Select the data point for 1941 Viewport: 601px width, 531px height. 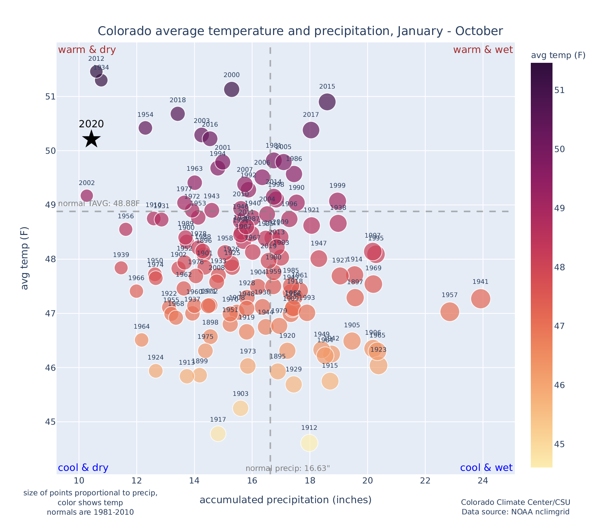click(480, 299)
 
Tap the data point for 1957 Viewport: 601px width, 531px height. click(450, 312)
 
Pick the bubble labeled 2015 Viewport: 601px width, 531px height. click(327, 102)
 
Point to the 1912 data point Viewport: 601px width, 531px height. click(309, 443)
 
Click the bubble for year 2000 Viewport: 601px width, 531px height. click(232, 89)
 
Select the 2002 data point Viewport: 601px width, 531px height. click(87, 196)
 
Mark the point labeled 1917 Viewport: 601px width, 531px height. click(218, 434)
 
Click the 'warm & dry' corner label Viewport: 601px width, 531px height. click(87, 50)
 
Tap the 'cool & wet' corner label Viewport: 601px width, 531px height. click(486, 468)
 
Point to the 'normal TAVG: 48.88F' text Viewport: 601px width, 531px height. click(99, 204)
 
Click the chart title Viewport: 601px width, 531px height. click(300, 31)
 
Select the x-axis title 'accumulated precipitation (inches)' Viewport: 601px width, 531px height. click(286, 500)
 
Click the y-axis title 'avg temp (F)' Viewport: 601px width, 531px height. click(25, 258)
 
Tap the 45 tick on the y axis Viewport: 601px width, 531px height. click(50, 422)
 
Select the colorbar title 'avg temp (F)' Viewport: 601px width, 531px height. click(558, 55)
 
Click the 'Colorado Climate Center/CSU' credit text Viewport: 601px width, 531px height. click(516, 502)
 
